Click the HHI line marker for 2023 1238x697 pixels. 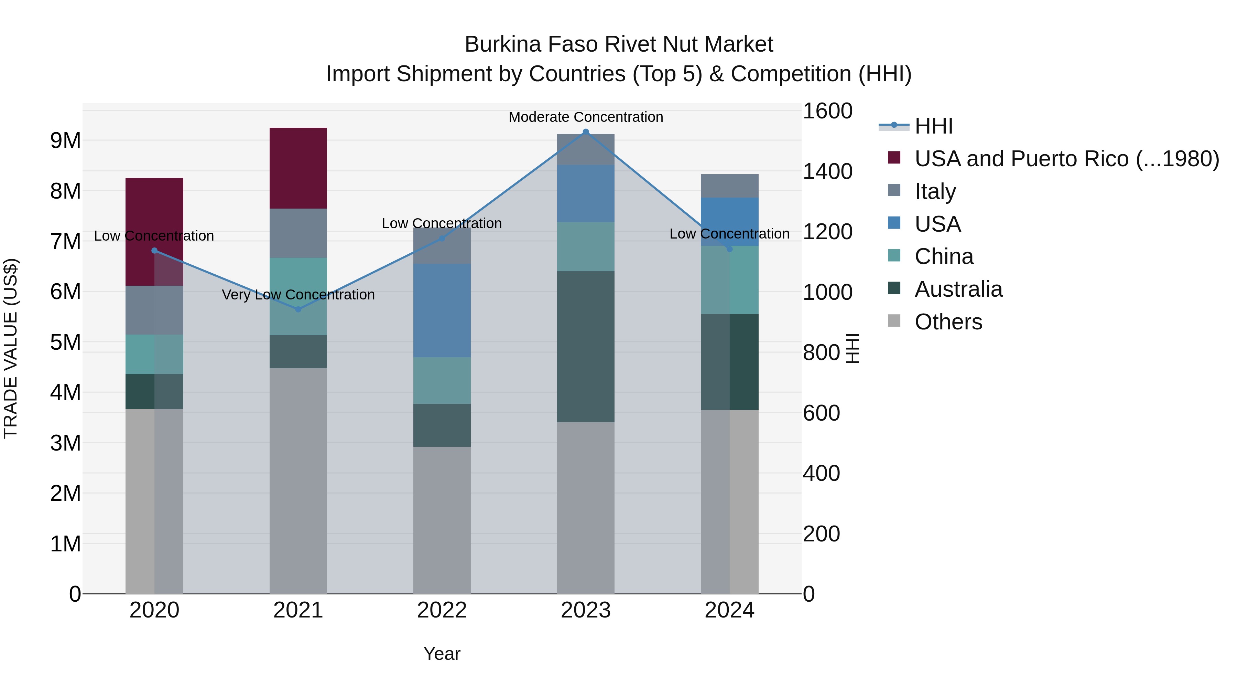(x=585, y=132)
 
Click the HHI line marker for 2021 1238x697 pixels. (x=298, y=309)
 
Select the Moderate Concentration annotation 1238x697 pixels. (x=585, y=117)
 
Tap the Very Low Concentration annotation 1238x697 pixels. (x=298, y=294)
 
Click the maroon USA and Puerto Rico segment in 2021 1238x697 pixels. (x=298, y=168)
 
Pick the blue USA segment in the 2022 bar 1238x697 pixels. (x=442, y=310)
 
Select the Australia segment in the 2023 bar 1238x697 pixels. (x=585, y=346)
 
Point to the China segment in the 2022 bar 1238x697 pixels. (x=442, y=380)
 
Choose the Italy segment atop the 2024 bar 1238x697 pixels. (x=729, y=186)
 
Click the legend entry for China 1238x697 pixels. (x=943, y=256)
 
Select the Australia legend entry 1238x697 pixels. (x=958, y=289)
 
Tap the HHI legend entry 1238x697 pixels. (x=933, y=126)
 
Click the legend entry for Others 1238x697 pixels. (x=948, y=322)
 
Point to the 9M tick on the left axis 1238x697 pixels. (x=65, y=140)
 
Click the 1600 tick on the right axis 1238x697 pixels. (x=827, y=110)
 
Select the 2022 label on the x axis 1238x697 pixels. (x=442, y=610)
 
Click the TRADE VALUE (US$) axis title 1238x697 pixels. (x=11, y=349)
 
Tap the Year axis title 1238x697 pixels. (x=442, y=654)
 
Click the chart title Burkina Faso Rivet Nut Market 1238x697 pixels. (x=619, y=44)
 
